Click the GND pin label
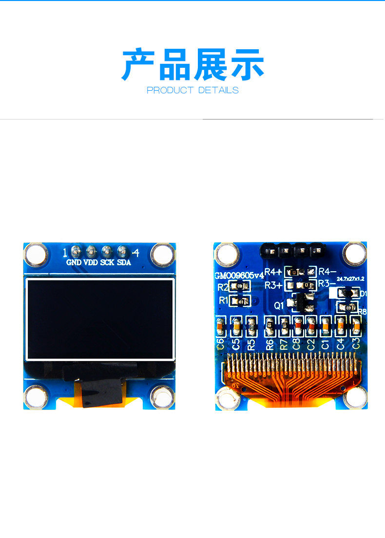point(74,262)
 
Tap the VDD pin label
point(91,262)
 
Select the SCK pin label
point(107,262)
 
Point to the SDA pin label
point(124,262)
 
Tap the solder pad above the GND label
point(75,252)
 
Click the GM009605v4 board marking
point(239,276)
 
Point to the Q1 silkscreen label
point(279,306)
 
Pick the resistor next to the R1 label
point(240,301)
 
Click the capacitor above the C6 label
point(220,325)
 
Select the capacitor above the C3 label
point(356,325)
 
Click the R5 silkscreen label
point(251,344)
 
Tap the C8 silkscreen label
point(296,343)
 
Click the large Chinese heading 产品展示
point(192,65)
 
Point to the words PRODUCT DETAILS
point(192,90)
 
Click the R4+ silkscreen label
point(273,272)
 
